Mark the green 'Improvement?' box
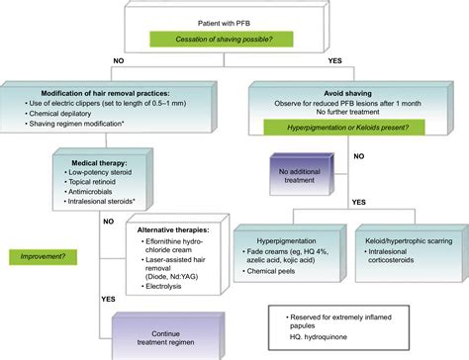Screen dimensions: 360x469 point(41,255)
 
